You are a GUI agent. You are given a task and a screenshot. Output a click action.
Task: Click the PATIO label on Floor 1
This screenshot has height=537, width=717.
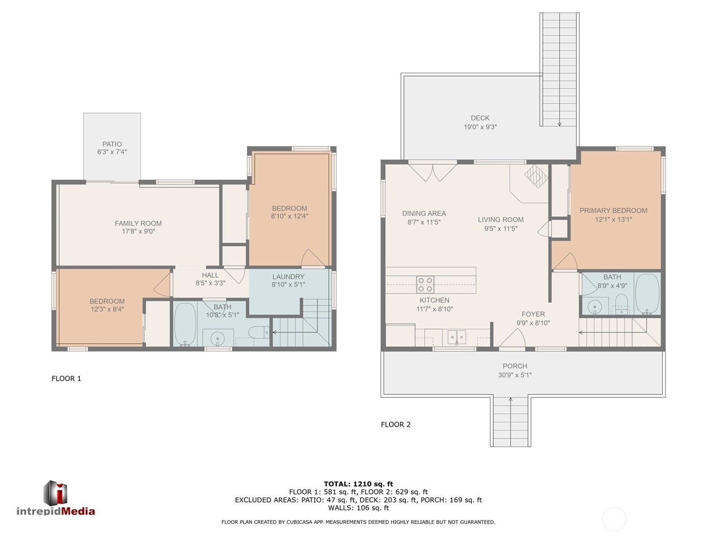pyautogui.click(x=112, y=144)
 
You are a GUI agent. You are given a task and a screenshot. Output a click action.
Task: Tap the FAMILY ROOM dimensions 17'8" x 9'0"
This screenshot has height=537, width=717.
pyautogui.click(x=138, y=232)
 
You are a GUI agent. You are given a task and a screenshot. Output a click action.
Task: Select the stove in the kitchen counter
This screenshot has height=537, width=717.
pyautogui.click(x=425, y=284)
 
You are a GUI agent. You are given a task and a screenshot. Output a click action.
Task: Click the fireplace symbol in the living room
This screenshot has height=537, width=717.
pyautogui.click(x=536, y=176)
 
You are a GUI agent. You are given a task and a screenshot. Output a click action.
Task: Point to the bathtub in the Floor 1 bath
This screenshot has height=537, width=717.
pyautogui.click(x=184, y=324)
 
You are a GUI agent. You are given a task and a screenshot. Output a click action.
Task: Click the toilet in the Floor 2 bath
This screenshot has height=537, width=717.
pyautogui.click(x=621, y=303)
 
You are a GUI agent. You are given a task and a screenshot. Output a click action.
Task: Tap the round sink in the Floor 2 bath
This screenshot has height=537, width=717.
pyautogui.click(x=595, y=306)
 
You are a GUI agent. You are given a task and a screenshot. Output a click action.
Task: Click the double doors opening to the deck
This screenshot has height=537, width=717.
pyautogui.click(x=433, y=172)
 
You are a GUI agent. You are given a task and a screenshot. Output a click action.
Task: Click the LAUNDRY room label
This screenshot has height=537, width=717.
pyautogui.click(x=288, y=277)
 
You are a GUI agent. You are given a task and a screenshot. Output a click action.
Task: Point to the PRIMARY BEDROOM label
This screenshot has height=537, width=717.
pyautogui.click(x=613, y=211)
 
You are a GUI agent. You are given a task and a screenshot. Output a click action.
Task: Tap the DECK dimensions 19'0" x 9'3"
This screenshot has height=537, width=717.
pyautogui.click(x=480, y=127)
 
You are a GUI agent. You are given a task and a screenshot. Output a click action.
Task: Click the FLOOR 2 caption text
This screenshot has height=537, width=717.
pyautogui.click(x=395, y=425)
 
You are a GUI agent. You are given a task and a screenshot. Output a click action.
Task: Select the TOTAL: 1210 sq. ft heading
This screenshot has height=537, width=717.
pyautogui.click(x=358, y=484)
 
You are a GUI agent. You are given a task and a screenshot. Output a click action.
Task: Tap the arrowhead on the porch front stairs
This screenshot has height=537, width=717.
pyautogui.click(x=510, y=399)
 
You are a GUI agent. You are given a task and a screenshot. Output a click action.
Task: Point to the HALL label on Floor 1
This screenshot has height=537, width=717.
pyautogui.click(x=210, y=275)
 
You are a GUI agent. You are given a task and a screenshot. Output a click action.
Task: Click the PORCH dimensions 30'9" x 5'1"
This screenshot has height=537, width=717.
pyautogui.click(x=514, y=375)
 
